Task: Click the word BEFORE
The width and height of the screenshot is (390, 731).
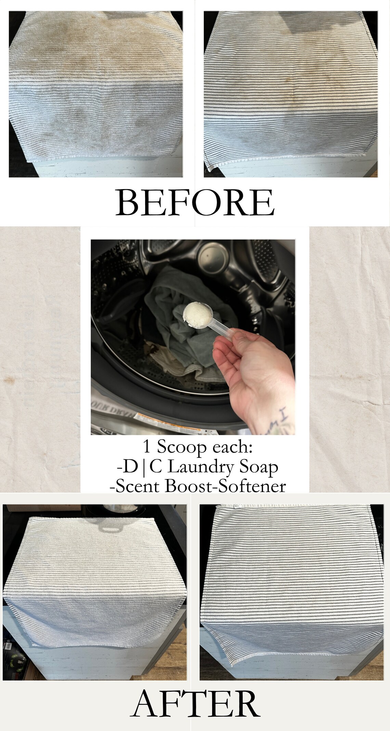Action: click(195, 203)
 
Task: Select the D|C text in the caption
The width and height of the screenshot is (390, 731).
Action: click(140, 467)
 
